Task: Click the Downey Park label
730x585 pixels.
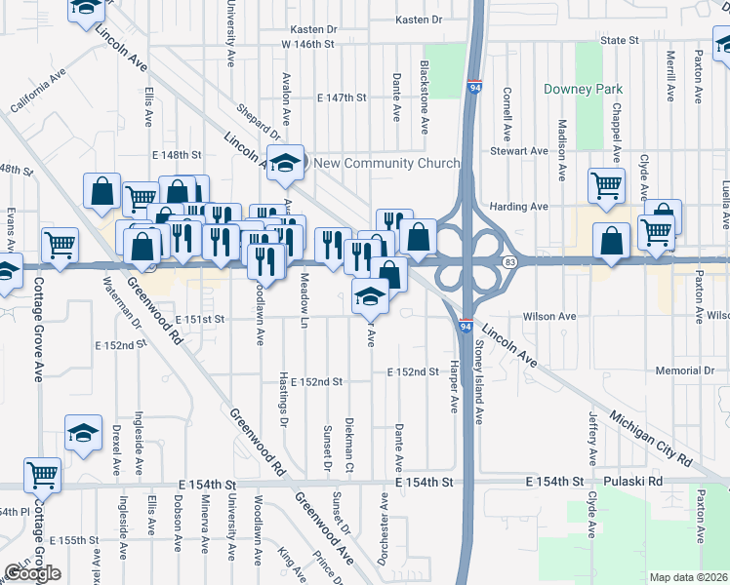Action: [x=584, y=90]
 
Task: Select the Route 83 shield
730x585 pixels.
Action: [x=509, y=262]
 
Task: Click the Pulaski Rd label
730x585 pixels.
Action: [x=637, y=482]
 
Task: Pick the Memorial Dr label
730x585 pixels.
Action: [x=685, y=371]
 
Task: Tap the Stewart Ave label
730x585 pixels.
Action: [x=518, y=151]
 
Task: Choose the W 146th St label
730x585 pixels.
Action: [x=307, y=45]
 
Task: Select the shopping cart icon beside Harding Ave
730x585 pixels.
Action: [x=607, y=184]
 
